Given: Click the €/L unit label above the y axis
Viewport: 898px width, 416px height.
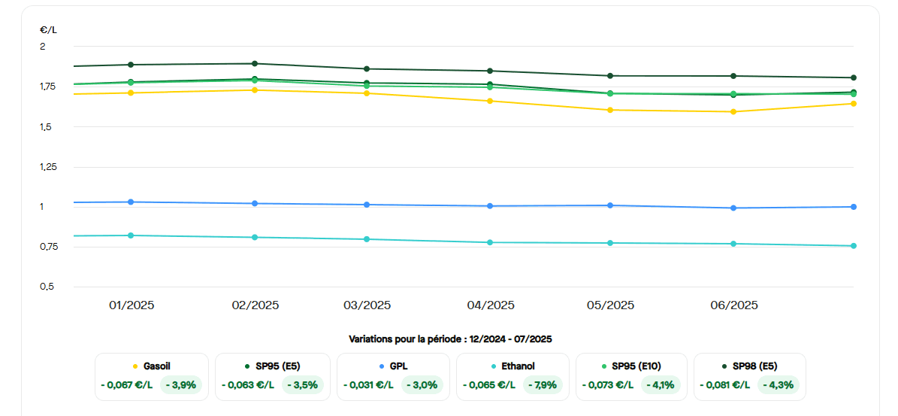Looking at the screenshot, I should tap(47, 30).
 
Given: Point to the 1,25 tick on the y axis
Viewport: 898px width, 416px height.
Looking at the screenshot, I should tap(48, 167).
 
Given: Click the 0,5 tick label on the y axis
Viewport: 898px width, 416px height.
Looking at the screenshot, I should tap(46, 287).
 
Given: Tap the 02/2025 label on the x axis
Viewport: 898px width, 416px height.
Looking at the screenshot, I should tap(255, 305).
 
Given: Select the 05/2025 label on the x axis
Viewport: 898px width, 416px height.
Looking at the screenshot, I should tap(610, 305).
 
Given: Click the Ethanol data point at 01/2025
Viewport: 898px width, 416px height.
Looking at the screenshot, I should tap(131, 235).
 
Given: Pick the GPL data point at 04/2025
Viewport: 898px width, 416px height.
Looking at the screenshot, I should tap(490, 206).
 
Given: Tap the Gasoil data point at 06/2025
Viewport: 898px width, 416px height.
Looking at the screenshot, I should tap(733, 111).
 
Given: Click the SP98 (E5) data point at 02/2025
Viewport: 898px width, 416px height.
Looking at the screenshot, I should tap(255, 64).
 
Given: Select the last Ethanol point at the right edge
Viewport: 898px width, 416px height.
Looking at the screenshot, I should tap(854, 246).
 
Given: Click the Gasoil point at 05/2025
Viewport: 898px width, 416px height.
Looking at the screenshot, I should tap(610, 110).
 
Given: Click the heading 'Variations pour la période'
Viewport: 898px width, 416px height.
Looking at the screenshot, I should tap(450, 339).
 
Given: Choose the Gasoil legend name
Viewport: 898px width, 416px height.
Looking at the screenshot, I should tap(156, 366).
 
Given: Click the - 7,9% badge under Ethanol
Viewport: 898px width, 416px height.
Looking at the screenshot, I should tap(542, 385).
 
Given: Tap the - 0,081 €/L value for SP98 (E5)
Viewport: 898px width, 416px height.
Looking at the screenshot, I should tap(724, 385).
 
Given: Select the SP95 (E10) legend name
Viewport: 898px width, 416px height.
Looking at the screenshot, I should tap(635, 366).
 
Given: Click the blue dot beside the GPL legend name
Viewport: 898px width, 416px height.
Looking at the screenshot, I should tap(382, 366).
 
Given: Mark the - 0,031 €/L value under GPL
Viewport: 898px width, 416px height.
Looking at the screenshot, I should tap(368, 385).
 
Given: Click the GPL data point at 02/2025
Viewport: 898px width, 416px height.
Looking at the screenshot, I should tap(255, 204).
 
